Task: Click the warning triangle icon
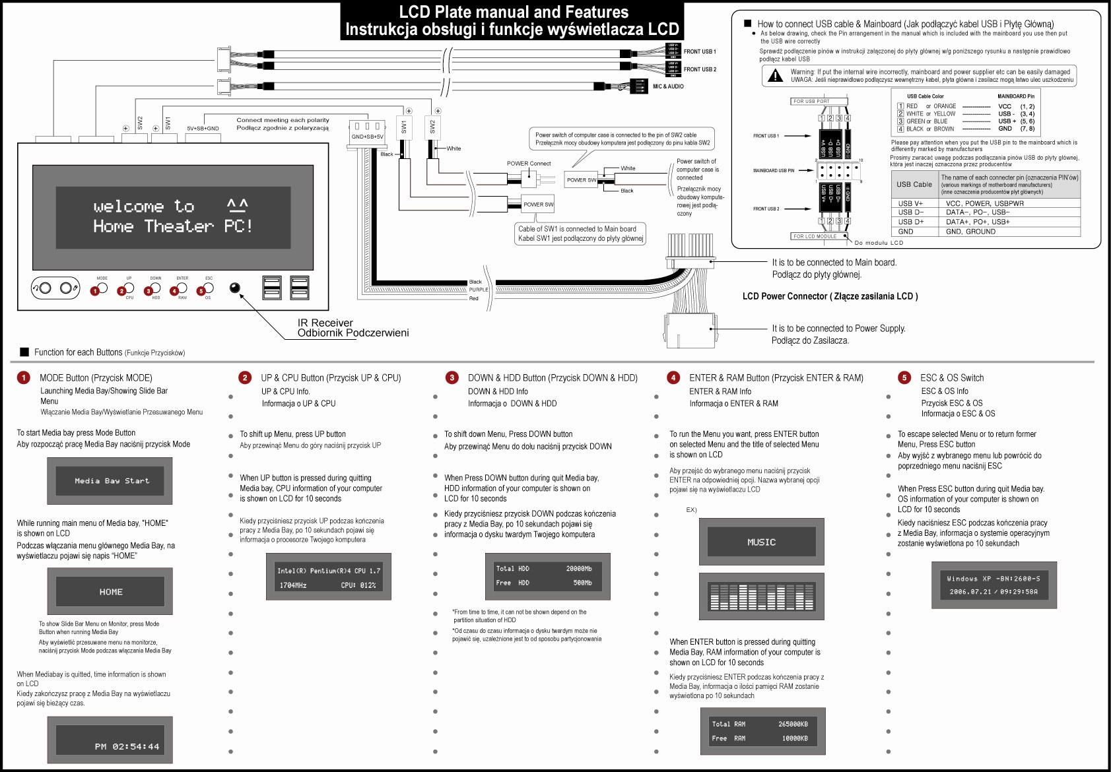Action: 774,75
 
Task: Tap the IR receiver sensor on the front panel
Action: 234,288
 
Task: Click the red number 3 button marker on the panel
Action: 148,291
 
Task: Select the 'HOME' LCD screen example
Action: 110,592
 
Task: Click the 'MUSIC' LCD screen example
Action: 761,542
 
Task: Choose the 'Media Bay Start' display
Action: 110,481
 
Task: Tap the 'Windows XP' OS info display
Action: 993,585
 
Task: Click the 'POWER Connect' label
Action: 529,164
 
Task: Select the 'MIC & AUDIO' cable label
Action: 668,86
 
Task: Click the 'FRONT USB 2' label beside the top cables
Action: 700,69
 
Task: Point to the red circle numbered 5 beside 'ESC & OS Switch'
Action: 904,377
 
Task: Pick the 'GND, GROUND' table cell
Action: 970,232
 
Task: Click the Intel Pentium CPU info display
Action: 328,577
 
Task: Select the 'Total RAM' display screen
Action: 762,731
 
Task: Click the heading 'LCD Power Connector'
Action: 830,296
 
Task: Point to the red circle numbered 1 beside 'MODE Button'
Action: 24,377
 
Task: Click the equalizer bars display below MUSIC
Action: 761,596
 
